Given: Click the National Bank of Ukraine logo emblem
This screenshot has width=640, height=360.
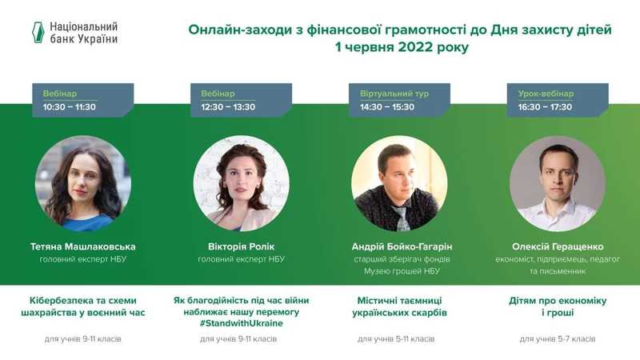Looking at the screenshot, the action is coord(38,32).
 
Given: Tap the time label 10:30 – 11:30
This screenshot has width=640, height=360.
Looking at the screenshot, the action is coord(70,107).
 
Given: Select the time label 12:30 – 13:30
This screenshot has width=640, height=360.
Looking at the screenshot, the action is coord(228,107).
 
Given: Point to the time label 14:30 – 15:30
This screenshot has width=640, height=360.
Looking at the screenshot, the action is coord(387,107).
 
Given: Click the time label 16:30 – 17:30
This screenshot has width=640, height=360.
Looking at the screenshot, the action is coord(545,107).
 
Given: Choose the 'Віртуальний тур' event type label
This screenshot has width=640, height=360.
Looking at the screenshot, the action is coord(394,94).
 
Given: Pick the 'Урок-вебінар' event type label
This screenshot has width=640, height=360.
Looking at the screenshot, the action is coord(546,94).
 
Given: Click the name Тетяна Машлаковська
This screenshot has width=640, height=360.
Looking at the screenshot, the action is coord(83,246).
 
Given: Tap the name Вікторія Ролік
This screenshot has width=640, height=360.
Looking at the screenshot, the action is coord(242,246).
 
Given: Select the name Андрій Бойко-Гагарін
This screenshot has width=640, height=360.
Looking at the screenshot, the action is coord(402,246).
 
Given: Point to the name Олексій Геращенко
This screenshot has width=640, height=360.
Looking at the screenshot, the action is coord(558,246).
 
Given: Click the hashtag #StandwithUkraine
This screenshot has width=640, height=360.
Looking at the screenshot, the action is coord(242,323).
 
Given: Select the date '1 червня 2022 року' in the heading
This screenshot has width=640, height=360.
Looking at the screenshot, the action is coord(402,47).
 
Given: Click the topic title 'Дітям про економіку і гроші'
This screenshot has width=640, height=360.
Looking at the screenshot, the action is coord(558,306).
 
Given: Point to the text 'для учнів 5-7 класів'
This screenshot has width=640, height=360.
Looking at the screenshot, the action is coord(558,338).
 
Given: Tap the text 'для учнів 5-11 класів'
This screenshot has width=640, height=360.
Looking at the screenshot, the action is coord(396,338).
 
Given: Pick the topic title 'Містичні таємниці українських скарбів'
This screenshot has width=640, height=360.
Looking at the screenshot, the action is coord(399,306).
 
